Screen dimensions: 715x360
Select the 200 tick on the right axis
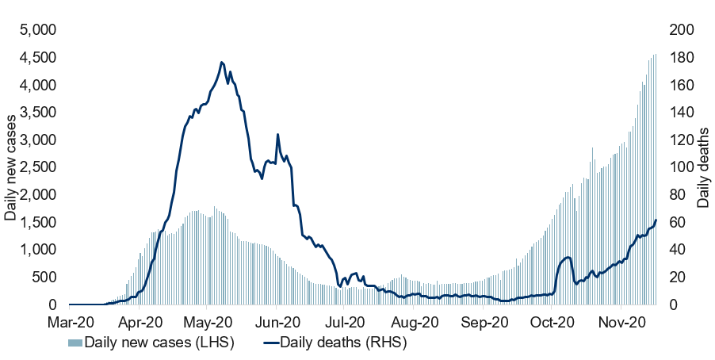[x=681, y=30]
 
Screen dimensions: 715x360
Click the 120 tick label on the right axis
[x=681, y=140]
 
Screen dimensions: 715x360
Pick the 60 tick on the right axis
[x=677, y=223]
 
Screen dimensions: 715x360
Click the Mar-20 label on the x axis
[x=71, y=323]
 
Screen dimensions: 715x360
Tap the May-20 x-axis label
[x=208, y=323]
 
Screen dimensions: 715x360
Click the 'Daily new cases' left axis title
[x=10, y=167]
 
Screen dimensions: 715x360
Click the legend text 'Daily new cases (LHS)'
[x=159, y=343]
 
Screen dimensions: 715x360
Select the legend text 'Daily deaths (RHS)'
[x=343, y=343]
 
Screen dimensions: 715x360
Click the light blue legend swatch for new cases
[x=75, y=343]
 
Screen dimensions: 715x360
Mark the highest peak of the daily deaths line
[x=222, y=63]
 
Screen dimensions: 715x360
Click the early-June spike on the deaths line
[x=277, y=135]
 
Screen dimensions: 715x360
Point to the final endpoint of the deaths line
[x=656, y=220]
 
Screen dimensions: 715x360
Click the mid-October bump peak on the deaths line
[x=568, y=258]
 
